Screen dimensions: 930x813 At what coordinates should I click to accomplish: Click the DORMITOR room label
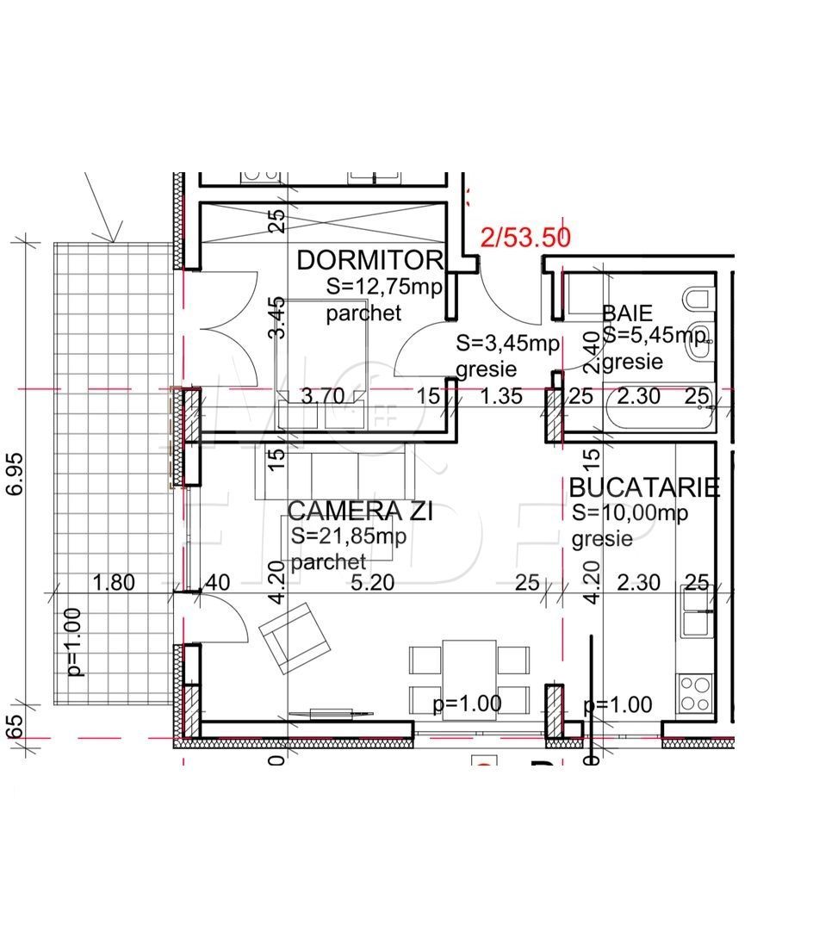(369, 260)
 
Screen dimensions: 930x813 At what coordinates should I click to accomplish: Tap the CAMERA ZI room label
(360, 512)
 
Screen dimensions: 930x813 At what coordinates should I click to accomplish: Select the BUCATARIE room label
(643, 487)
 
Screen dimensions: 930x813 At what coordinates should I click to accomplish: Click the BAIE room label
(627, 313)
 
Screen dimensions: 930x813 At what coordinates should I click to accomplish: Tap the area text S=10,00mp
(630, 513)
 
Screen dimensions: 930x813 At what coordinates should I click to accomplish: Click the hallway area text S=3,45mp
(507, 344)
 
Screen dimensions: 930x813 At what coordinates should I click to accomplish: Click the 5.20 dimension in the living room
(372, 583)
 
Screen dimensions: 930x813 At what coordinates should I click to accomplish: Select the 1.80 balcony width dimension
(113, 583)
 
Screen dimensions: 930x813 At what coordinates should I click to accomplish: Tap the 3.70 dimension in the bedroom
(321, 396)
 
